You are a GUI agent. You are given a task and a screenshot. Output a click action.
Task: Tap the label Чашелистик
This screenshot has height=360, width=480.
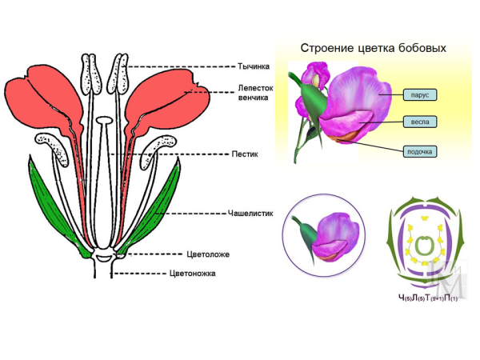click(x=255, y=214)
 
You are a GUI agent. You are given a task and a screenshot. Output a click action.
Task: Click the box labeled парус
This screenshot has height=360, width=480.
click(x=421, y=95)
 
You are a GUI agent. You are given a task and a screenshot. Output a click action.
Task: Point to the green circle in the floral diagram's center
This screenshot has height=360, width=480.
click(x=422, y=246)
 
